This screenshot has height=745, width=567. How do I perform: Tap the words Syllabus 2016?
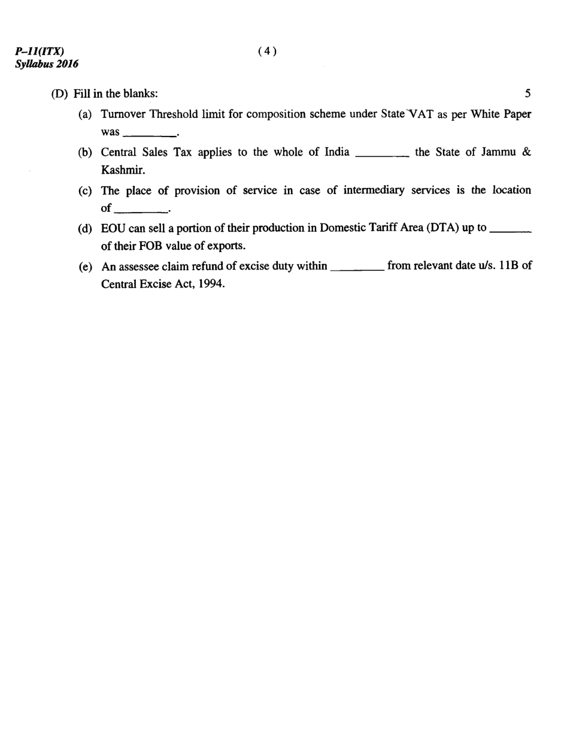coord(47,63)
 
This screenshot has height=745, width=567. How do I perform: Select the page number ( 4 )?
coord(267,52)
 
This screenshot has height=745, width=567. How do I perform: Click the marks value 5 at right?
coord(527,93)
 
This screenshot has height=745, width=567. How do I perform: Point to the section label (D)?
coord(59,94)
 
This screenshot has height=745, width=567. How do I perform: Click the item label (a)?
coord(85,114)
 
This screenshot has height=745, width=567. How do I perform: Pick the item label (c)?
coord(85,190)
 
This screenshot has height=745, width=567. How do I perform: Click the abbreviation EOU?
coord(113,229)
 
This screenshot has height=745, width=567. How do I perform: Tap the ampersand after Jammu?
coord(526,152)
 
